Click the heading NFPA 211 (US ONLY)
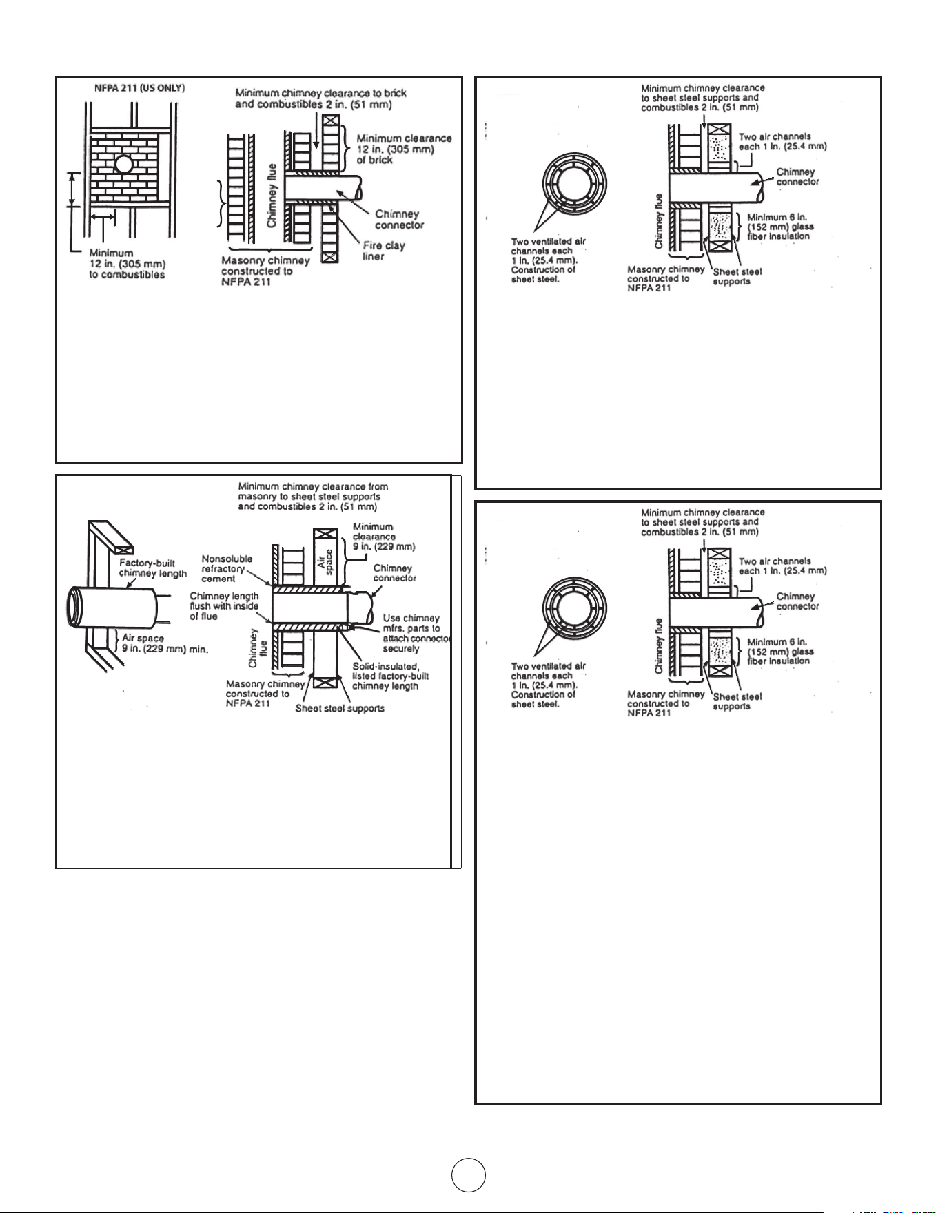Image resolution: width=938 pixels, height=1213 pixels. coord(139,88)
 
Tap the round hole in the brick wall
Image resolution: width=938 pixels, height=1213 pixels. coord(123,165)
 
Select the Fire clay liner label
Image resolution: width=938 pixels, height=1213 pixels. coord(384,251)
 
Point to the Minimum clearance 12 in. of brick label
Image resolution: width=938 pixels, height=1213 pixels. coord(404,149)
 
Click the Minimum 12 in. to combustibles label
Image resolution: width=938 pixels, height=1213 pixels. coord(128,264)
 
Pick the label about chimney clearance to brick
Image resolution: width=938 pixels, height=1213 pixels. coord(321,98)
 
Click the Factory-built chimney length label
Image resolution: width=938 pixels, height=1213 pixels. coord(153,568)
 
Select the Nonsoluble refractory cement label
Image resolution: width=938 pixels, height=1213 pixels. coord(227,569)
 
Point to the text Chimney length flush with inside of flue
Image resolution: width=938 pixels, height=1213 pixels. coord(224,606)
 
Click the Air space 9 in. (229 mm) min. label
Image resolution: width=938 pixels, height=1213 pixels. coord(165,643)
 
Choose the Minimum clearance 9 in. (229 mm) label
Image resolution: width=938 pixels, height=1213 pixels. coord(384,537)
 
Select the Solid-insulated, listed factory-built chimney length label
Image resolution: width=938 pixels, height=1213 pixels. coord(390,676)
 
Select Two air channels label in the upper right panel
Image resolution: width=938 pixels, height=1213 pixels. coord(782,142)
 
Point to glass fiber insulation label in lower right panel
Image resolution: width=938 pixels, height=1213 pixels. coord(780,651)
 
